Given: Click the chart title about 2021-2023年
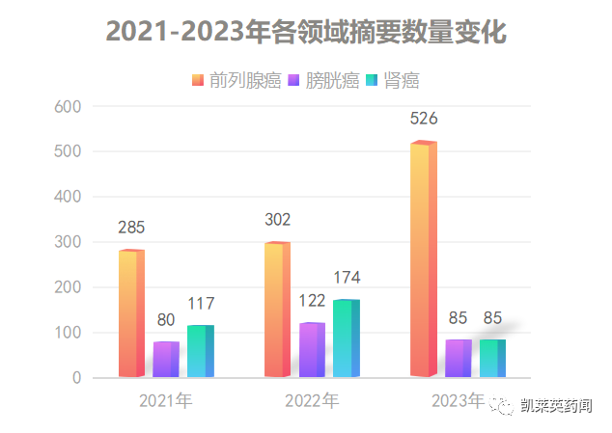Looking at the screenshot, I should (x=306, y=31).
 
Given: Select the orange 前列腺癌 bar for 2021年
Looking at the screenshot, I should (x=131, y=313).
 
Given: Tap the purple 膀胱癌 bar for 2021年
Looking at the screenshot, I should (x=166, y=360).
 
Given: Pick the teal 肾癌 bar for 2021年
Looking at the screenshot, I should (x=200, y=351).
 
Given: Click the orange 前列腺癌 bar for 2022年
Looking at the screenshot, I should (x=277, y=310).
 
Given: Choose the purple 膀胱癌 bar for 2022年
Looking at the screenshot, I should (x=312, y=350).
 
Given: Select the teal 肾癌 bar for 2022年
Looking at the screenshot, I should (x=346, y=338).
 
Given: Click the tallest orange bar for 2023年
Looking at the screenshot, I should (x=423, y=259).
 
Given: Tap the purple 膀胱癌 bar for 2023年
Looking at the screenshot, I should (x=458, y=358).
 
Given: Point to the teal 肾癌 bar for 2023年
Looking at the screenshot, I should (x=492, y=358).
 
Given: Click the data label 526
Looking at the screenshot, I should (x=424, y=119).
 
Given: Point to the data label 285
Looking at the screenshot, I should (x=131, y=229).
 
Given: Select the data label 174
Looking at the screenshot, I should (x=347, y=278).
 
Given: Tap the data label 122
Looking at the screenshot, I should (x=312, y=301).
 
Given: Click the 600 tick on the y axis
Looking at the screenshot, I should (x=68, y=106).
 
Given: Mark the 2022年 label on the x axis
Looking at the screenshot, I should (x=312, y=399).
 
